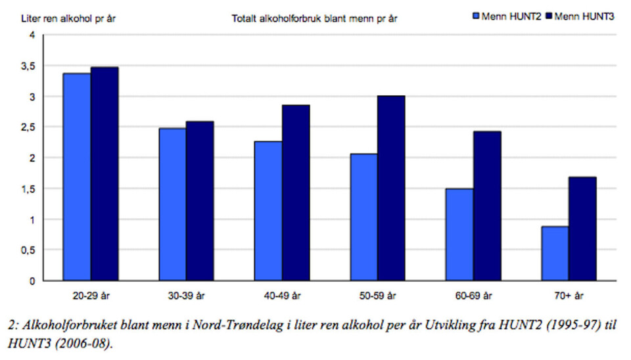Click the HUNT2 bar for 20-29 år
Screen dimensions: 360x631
(x=76, y=177)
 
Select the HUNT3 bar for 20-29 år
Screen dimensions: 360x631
(x=105, y=173)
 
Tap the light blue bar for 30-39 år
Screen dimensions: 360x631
(x=172, y=204)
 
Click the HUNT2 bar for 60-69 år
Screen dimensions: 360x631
(x=459, y=235)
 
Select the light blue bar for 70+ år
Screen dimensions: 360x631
(x=555, y=254)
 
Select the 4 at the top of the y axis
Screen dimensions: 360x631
(x=32, y=35)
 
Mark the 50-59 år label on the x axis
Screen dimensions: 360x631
(x=377, y=295)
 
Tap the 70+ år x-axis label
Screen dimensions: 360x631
(x=569, y=295)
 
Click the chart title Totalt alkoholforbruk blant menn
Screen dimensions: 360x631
(x=314, y=18)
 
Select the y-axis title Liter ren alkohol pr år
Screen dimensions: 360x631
(x=63, y=18)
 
